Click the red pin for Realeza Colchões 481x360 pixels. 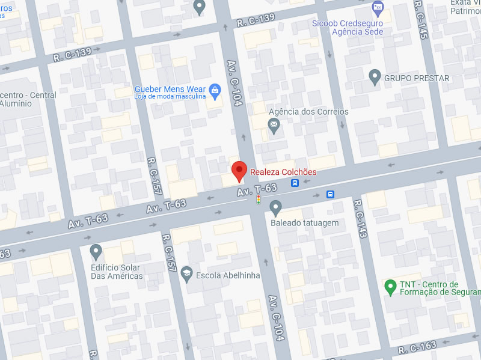239,171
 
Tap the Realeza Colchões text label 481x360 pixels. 283,172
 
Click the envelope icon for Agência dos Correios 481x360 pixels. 274,127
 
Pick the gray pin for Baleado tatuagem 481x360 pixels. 276,208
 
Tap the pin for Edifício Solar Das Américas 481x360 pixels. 96,251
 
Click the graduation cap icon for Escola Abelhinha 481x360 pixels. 186,273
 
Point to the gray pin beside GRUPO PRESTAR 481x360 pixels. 375,77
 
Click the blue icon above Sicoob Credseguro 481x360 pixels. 378,8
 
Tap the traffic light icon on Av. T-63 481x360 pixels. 259,199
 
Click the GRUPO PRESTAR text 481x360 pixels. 417,78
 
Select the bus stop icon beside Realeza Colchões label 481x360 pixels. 295,183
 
